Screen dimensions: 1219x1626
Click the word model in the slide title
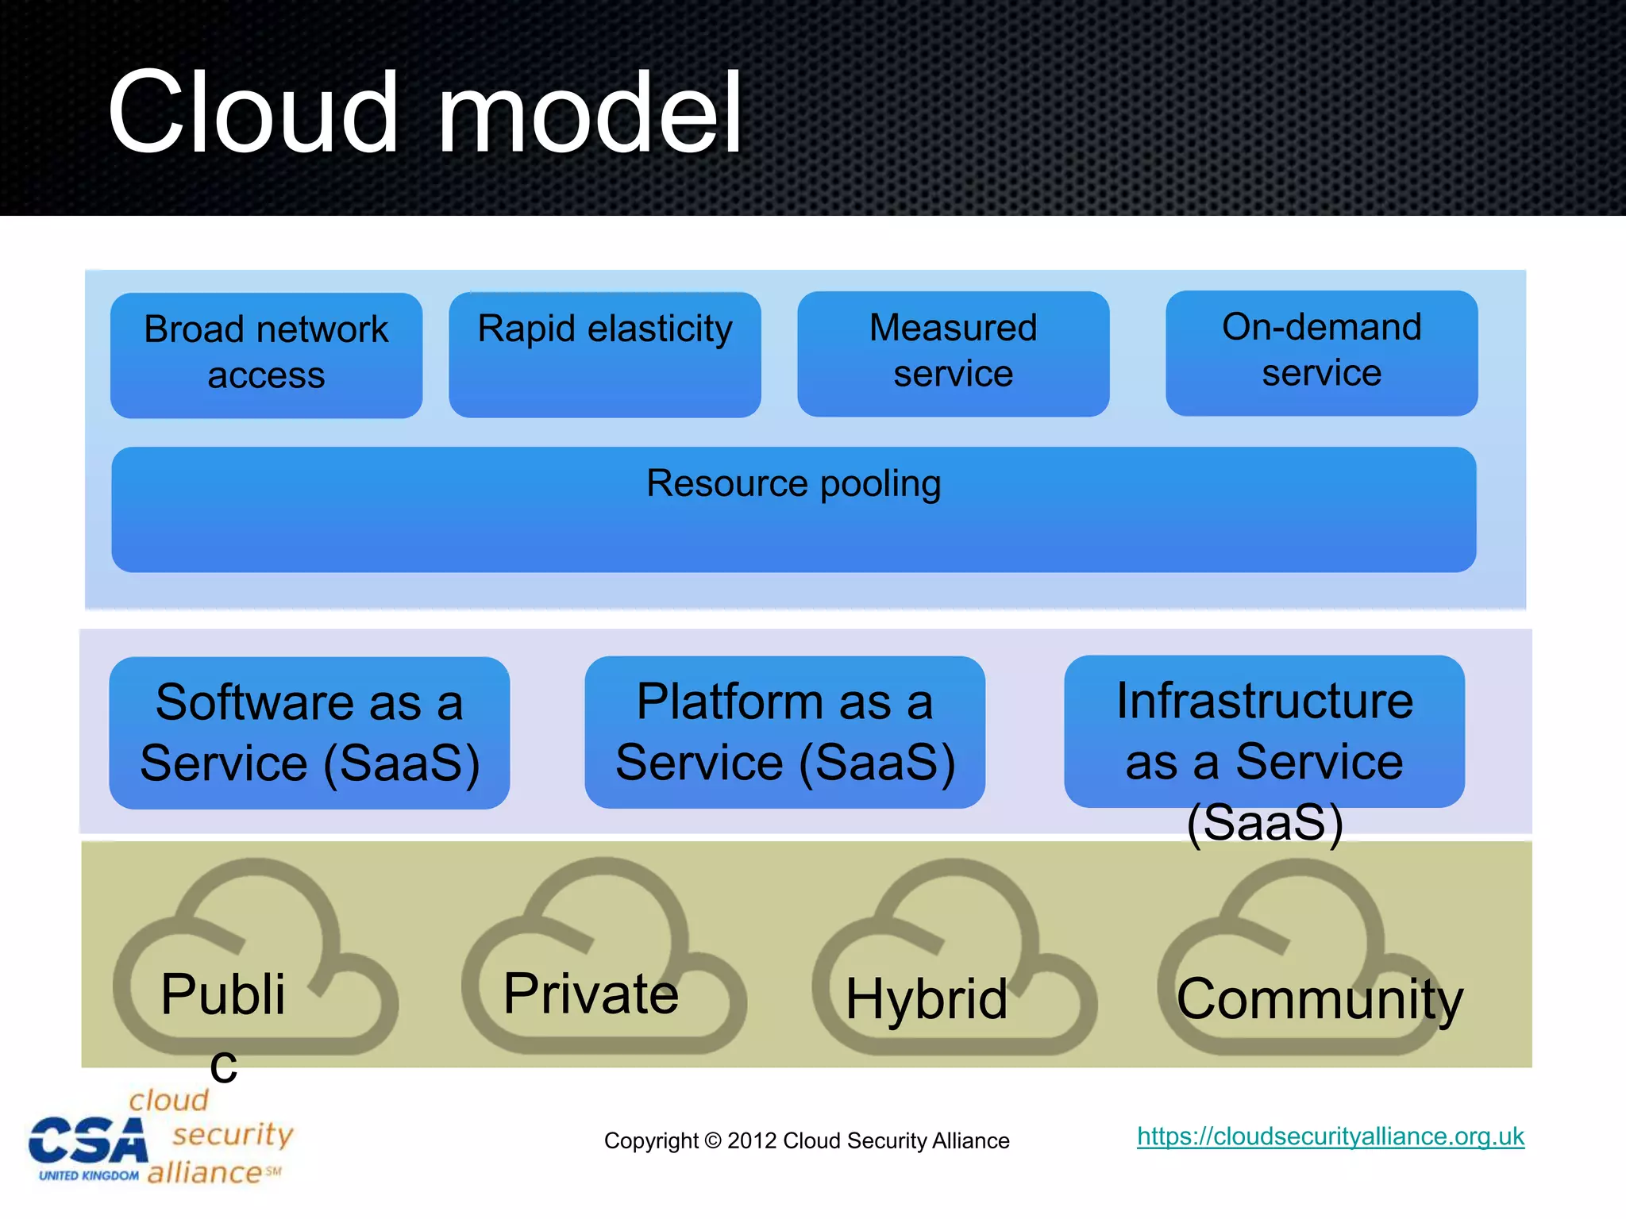[589, 113]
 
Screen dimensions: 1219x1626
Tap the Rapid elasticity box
[604, 353]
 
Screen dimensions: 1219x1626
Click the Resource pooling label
[793, 483]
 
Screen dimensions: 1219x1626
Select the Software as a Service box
[310, 732]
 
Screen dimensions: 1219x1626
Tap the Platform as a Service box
[784, 731]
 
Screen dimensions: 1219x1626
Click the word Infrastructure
[1265, 702]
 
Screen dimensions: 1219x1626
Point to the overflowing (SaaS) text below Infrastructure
[1265, 823]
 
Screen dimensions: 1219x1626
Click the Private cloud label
[591, 994]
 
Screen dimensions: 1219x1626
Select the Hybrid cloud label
[927, 998]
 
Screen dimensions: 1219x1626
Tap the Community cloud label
[1319, 998]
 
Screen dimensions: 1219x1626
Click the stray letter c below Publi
[224, 1066]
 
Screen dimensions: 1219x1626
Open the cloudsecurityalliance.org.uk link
[1330, 1136]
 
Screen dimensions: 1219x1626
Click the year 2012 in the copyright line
[751, 1140]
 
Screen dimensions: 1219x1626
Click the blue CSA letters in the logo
[89, 1141]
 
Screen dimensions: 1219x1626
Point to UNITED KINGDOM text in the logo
[89, 1175]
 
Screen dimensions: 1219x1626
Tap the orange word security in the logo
[233, 1135]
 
